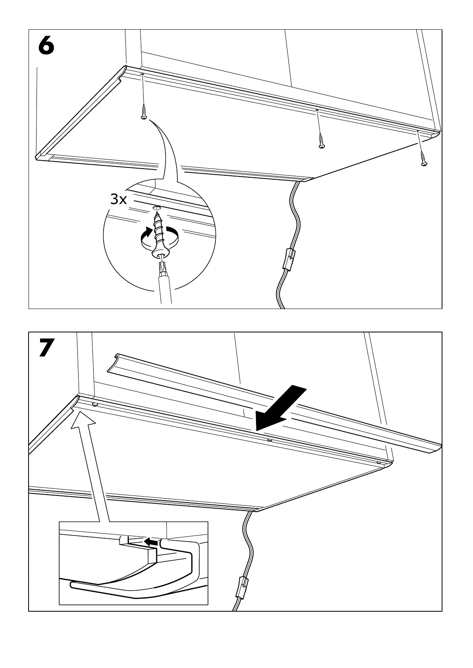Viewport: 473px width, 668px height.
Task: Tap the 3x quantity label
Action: [x=118, y=200]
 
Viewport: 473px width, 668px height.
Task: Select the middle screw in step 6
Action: [x=321, y=141]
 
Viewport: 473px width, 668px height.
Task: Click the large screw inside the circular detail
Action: [x=160, y=234]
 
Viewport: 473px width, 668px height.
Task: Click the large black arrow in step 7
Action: [x=280, y=409]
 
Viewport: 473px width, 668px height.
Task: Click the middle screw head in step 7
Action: [x=270, y=440]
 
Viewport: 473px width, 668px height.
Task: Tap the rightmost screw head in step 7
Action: [x=379, y=463]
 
